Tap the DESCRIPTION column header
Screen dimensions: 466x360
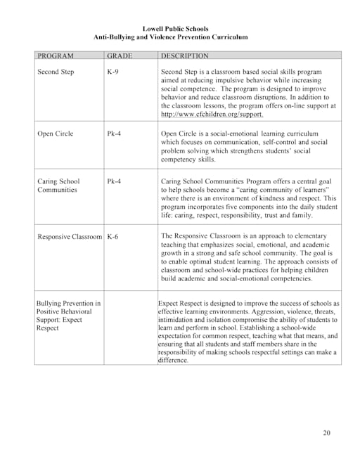point(185,55)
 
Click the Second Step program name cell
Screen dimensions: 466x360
point(56,72)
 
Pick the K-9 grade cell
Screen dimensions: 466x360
point(112,72)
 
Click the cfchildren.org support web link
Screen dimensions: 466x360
point(212,114)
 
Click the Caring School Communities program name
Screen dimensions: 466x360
point(58,186)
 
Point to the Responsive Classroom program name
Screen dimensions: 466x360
point(69,237)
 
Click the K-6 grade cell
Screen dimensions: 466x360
point(112,237)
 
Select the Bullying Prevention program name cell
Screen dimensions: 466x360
point(67,316)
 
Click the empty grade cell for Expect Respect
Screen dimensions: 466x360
point(130,330)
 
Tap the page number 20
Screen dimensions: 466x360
point(326,432)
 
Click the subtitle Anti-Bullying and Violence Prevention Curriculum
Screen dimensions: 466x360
point(170,37)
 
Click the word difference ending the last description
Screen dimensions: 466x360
point(173,361)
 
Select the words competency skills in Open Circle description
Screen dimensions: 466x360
point(188,160)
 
